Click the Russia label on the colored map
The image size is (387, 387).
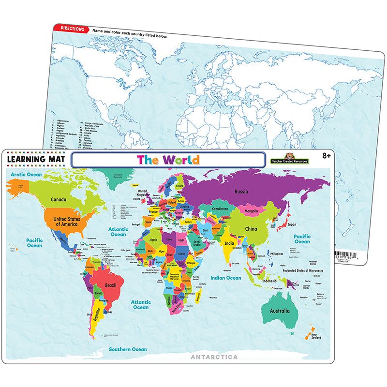pos(242,191)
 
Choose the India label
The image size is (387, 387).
pos(229,243)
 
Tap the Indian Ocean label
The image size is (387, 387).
pos(225,278)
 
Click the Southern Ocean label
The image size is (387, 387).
pos(128,349)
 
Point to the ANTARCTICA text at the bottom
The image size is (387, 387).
pos(216,357)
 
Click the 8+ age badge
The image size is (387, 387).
pos(327,155)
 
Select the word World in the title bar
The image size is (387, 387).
pos(180,159)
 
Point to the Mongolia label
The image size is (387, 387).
pos(255,211)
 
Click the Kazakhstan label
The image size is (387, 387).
pos(220,209)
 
